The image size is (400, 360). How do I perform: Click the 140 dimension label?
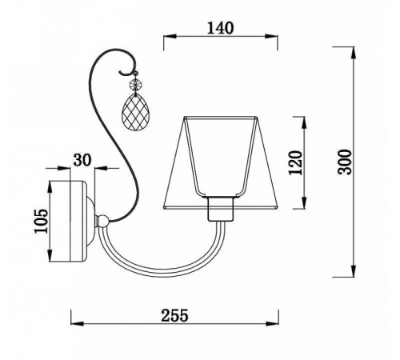pos(221,28)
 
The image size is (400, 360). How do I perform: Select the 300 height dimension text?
pos(345,162)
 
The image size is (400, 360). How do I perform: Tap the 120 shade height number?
pos(296,162)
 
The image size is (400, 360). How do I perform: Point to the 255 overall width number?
pos(174,315)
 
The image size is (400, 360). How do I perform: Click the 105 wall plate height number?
pos(42,221)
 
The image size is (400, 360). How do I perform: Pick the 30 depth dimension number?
pos(82,160)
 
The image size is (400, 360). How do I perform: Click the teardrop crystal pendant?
pos(135,112)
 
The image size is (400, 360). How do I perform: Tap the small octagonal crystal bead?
pos(135,85)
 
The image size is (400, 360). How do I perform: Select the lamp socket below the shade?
pos(221,209)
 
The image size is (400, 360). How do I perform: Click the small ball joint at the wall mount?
pos(102,221)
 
